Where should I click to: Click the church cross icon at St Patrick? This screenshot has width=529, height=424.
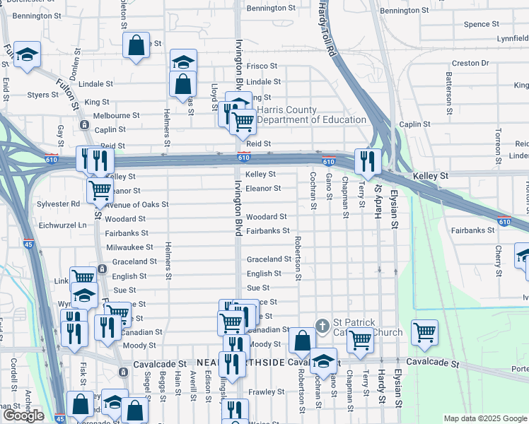(322, 326)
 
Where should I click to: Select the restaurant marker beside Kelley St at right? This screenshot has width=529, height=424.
(366, 161)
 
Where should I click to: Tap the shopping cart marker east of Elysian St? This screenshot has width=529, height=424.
(424, 331)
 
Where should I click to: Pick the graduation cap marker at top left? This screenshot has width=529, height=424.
(27, 54)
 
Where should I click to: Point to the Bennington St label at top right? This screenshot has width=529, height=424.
(404, 11)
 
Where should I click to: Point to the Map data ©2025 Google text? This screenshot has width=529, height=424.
(485, 418)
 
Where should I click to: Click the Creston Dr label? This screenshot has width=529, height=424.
(470, 63)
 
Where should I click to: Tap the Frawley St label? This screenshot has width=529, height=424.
(266, 391)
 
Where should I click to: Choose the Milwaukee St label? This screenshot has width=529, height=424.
(129, 247)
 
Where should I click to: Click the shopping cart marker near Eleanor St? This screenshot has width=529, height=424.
(100, 189)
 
